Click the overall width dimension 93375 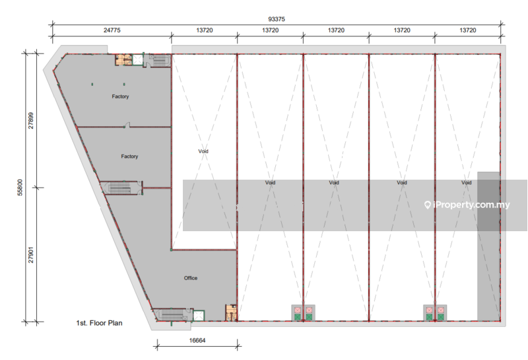coord(277,19)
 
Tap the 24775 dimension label coord(112,30)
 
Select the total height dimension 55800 coord(20,188)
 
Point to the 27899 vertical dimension coord(31,121)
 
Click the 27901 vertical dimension coord(31,255)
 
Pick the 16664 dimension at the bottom coord(197,340)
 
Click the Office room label coord(191,278)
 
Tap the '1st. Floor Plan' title coord(100,323)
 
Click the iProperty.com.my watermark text coord(467,205)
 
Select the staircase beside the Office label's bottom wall coord(172,314)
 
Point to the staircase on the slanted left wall coord(120,188)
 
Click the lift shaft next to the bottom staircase coord(199,316)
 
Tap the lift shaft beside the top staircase coord(138,60)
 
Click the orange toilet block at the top coord(124,59)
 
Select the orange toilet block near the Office coord(231,312)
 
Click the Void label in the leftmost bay coord(203,151)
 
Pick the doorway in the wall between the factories coord(127,125)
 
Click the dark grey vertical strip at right coord(488,246)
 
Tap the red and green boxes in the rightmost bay coord(435,314)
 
